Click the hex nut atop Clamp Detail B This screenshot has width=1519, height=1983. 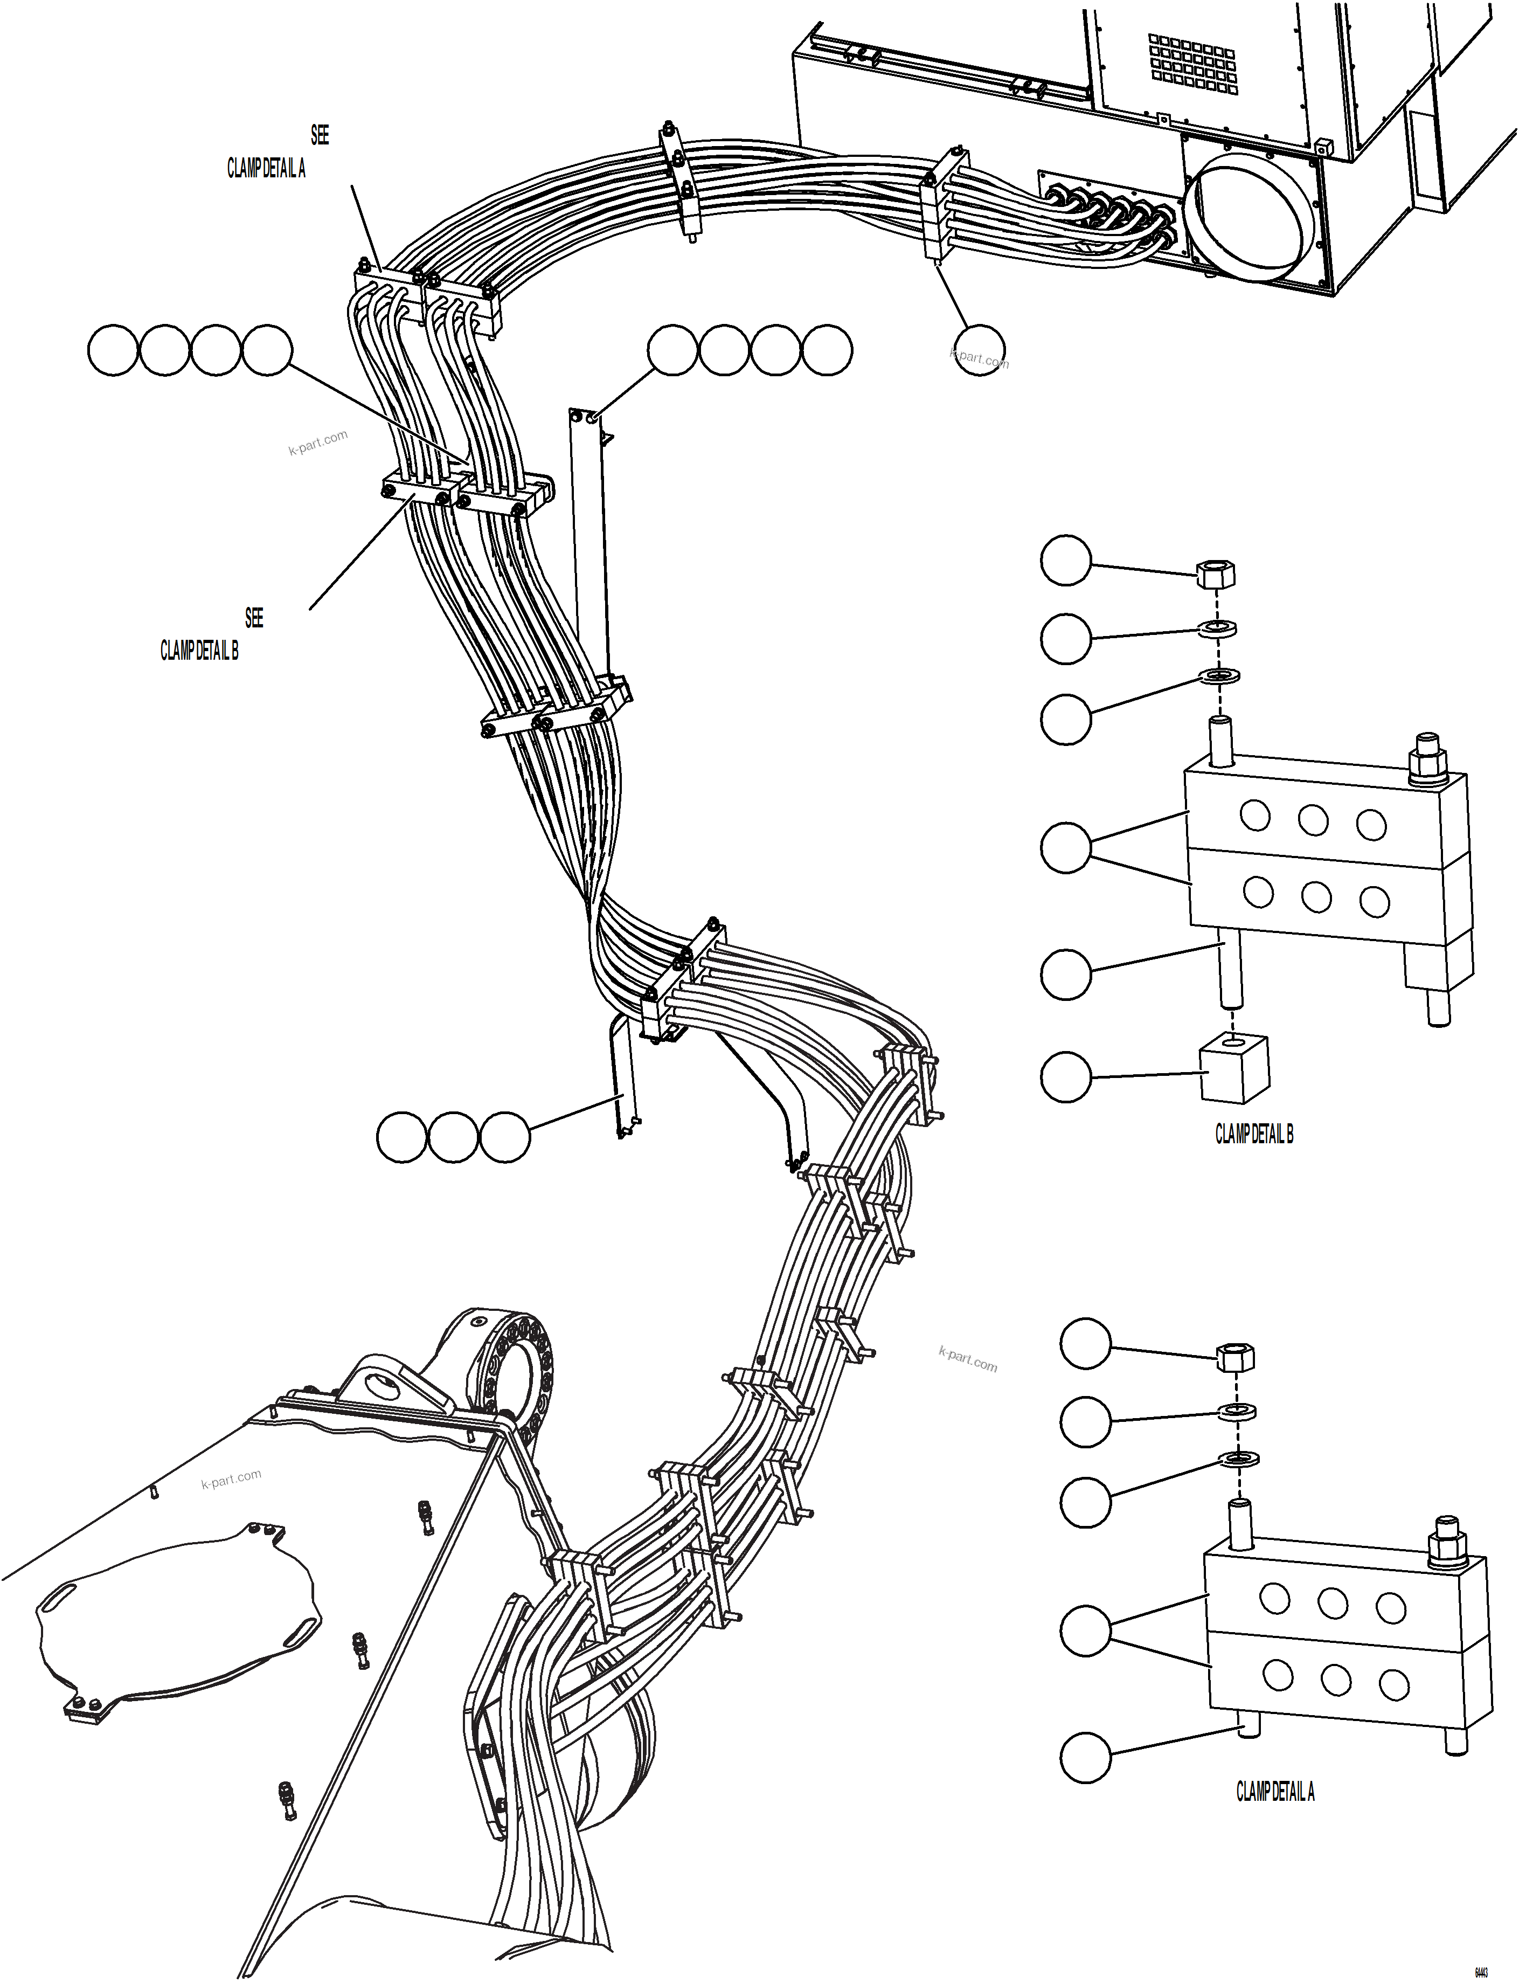tap(1216, 574)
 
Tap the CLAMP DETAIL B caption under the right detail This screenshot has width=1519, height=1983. tap(1253, 1134)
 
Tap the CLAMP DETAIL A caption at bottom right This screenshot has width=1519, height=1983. tap(1275, 1791)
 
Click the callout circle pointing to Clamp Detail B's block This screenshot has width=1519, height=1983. tap(1066, 1076)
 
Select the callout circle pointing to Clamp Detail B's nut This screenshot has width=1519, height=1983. tap(1066, 561)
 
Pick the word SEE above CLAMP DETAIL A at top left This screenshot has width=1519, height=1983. tap(319, 136)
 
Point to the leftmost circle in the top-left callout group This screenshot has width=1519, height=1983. tap(113, 350)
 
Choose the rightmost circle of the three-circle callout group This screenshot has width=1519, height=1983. tap(504, 1137)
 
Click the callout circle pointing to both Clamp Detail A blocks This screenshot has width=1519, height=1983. tap(1085, 1631)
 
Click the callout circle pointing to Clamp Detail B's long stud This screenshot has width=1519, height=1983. tap(1066, 974)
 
